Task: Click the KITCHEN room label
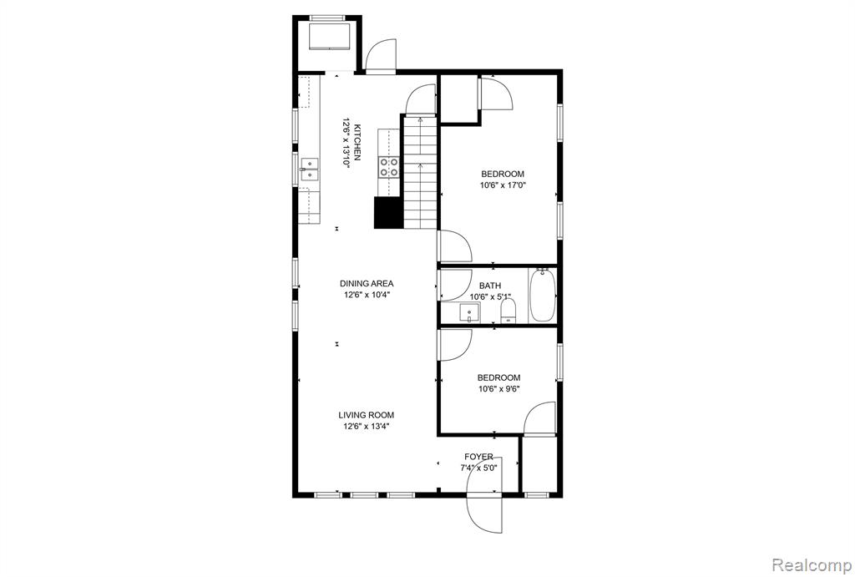[x=357, y=142]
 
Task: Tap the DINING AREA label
[x=367, y=284]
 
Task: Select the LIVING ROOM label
[x=367, y=415]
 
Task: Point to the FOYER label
[x=478, y=457]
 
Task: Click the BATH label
[x=490, y=286]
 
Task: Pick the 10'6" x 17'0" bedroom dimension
[x=503, y=185]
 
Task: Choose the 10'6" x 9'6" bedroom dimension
[x=499, y=389]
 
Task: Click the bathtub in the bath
[x=542, y=295]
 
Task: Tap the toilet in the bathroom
[x=508, y=312]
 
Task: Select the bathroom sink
[x=469, y=313]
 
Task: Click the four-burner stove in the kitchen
[x=389, y=167]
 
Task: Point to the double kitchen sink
[x=309, y=169]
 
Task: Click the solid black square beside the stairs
[x=388, y=213]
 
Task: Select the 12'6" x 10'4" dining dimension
[x=367, y=295]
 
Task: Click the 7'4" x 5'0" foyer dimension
[x=478, y=468]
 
